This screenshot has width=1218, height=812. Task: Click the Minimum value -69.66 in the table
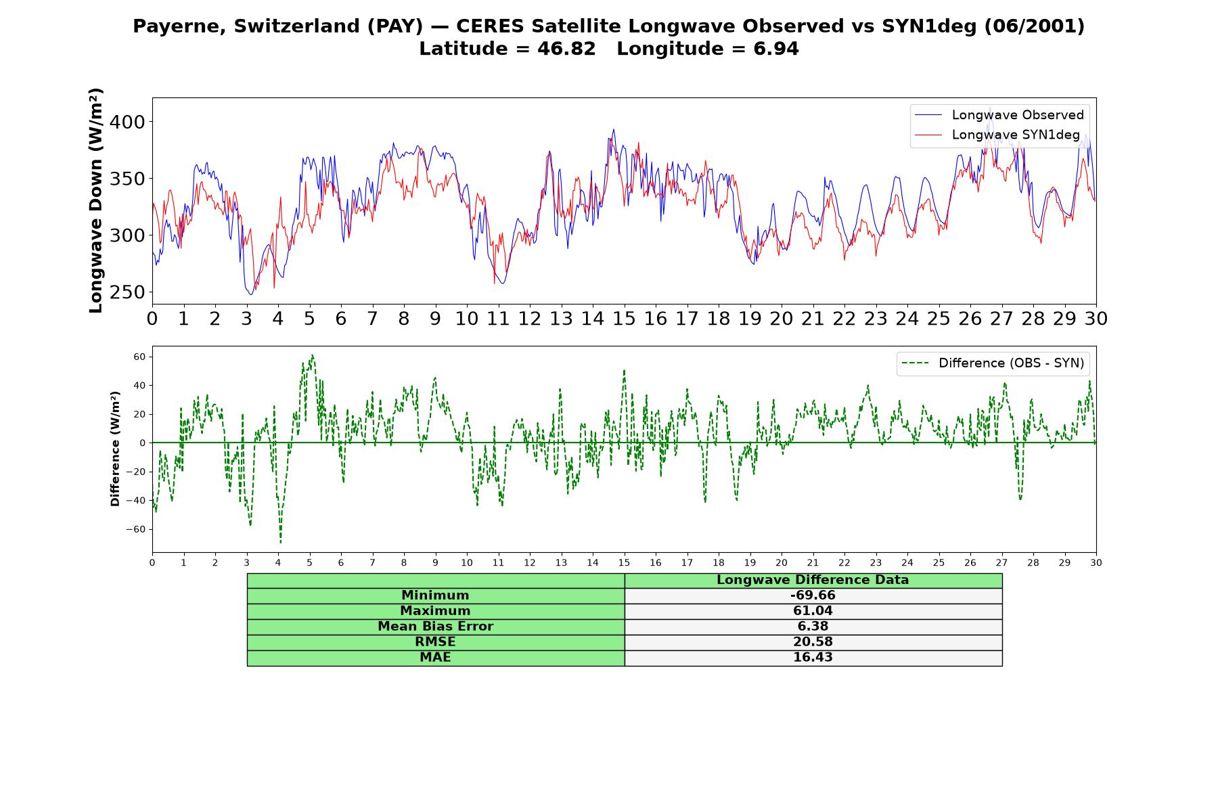click(813, 595)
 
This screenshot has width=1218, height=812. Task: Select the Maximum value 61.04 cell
click(813, 611)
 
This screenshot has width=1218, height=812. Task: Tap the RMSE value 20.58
click(813, 642)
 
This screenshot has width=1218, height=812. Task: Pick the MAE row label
click(435, 658)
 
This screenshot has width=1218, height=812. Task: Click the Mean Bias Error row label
click(435, 627)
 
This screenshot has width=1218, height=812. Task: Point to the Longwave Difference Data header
click(813, 580)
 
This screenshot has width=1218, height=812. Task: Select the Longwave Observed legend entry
click(999, 115)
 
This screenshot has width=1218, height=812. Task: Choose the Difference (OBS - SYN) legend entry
click(993, 363)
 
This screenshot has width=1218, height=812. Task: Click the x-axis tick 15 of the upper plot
click(624, 319)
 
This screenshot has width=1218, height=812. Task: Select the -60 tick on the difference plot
click(136, 529)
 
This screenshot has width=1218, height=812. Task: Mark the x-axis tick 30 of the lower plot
click(1096, 563)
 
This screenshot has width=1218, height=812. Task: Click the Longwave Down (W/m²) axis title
click(96, 200)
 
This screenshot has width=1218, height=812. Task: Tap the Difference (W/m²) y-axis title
click(115, 449)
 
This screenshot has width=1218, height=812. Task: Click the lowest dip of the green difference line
click(280, 542)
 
